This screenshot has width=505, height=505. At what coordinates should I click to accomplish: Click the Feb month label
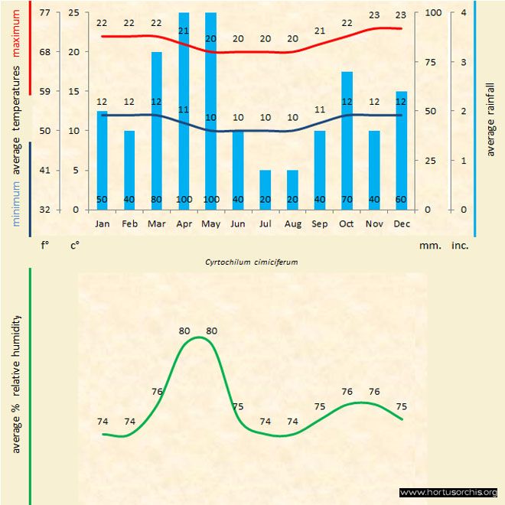[x=129, y=223]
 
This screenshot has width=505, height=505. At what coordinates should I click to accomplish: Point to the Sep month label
[x=320, y=223]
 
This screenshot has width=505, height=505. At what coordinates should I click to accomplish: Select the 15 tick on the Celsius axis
[x=74, y=92]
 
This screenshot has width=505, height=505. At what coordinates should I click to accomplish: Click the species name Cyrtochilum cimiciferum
[x=251, y=261]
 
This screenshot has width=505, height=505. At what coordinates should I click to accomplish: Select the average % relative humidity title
[x=15, y=383]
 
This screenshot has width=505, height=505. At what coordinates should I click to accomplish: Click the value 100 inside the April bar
[x=184, y=200]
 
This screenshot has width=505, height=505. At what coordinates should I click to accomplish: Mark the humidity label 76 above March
[x=157, y=392]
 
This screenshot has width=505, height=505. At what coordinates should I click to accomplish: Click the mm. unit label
[x=428, y=246]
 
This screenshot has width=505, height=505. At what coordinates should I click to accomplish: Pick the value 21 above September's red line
[x=320, y=31]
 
